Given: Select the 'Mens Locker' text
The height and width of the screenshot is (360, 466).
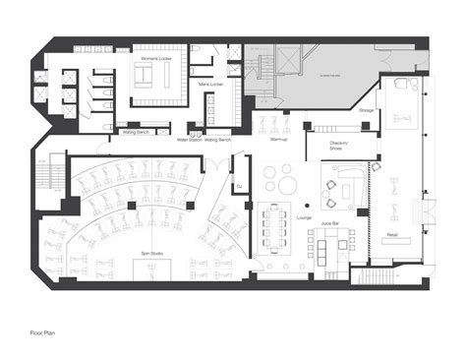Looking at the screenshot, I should click(211, 84).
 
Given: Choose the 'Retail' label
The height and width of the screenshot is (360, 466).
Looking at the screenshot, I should click(391, 236).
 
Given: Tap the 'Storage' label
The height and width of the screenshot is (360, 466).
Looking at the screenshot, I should click(366, 110).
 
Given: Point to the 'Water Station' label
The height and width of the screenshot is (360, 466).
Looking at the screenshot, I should click(189, 140).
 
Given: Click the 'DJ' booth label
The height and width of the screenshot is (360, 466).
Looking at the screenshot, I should click(238, 186).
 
